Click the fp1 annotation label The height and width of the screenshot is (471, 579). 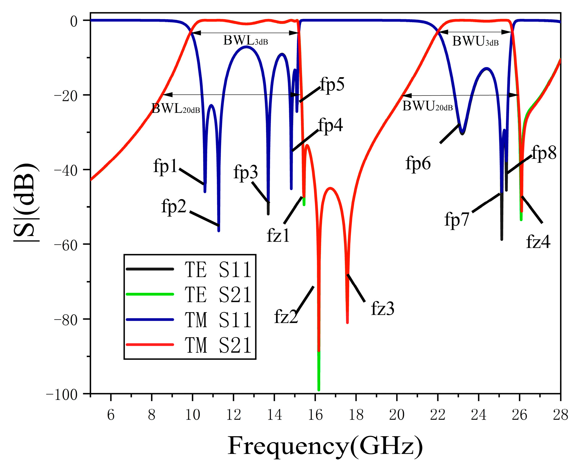tap(165, 166)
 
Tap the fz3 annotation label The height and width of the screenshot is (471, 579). tap(383, 308)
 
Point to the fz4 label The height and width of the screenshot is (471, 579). tap(538, 242)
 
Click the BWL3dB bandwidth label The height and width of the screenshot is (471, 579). tap(245, 41)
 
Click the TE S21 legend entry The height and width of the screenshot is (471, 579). tap(218, 295)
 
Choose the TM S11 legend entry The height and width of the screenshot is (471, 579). tap(218, 320)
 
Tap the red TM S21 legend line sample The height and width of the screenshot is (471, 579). tap(150, 345)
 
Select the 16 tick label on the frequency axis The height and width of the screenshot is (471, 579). tap(315, 415)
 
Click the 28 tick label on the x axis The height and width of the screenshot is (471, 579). tap(560, 415)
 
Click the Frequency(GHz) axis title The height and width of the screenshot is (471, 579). tap(325, 446)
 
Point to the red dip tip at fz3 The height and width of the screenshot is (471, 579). tap(347, 323)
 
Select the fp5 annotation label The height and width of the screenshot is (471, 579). tap(332, 84)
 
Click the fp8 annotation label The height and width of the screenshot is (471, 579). tap(544, 153)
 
